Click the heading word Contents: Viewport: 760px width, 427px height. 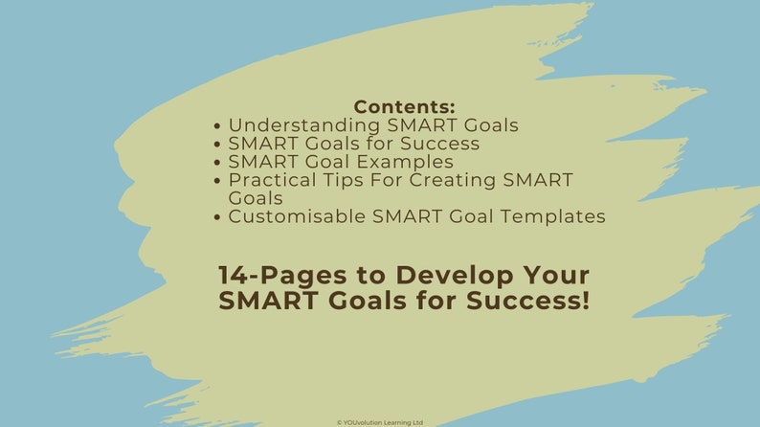click(404, 106)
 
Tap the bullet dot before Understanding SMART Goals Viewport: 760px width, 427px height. click(219, 125)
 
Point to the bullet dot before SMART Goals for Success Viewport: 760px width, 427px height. click(219, 144)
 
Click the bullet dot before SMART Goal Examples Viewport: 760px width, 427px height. click(219, 162)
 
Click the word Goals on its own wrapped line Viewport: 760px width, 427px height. click(256, 198)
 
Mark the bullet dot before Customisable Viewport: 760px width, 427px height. click(219, 216)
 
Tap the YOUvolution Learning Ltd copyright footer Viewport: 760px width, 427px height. click(380, 421)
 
